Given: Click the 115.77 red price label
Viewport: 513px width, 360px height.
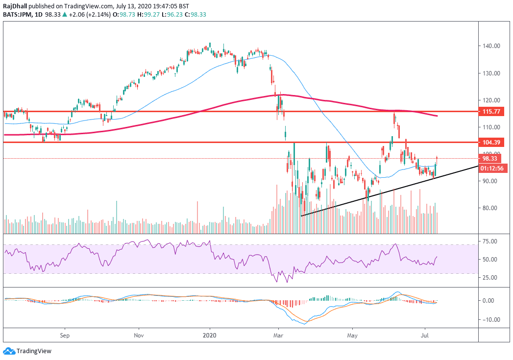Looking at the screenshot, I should tap(492, 112).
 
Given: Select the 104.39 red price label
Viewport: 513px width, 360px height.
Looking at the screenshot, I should tap(492, 143).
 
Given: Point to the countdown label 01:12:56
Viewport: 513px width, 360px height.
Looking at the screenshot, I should tap(492, 168).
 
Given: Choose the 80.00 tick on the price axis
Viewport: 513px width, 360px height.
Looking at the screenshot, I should tap(490, 208).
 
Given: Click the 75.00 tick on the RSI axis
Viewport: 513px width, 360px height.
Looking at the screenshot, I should tap(490, 241).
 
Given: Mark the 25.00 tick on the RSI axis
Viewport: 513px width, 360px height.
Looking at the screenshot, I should tap(490, 277).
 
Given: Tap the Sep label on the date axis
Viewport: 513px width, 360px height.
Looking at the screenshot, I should tap(65, 336).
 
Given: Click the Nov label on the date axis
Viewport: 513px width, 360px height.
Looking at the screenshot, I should tap(139, 336).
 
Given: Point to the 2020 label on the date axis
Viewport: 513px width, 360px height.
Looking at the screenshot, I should tap(210, 336).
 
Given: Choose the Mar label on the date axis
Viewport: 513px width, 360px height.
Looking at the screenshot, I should tap(278, 336).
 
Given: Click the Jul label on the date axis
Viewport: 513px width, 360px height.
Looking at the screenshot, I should tap(424, 336).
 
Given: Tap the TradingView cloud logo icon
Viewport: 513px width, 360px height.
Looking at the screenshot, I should tap(9, 351).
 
